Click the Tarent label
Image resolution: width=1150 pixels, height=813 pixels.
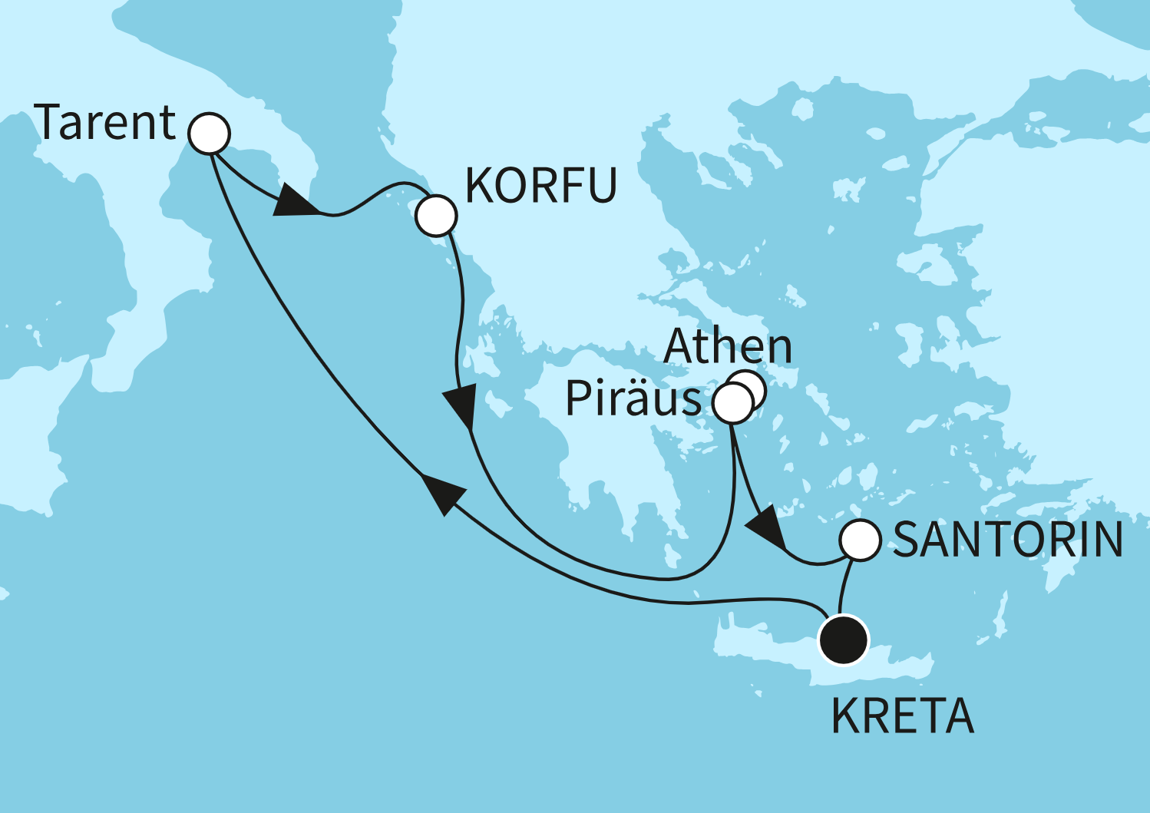(x=106, y=123)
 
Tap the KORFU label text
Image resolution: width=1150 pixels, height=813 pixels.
(x=541, y=186)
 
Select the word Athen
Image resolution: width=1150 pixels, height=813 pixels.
(x=727, y=347)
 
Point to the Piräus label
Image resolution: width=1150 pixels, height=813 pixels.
(x=633, y=399)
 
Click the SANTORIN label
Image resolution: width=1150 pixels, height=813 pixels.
(x=1008, y=540)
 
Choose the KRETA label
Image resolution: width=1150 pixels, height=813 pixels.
(x=903, y=717)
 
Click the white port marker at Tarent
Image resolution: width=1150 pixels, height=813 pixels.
(x=209, y=134)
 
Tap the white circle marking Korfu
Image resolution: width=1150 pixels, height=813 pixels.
(x=436, y=215)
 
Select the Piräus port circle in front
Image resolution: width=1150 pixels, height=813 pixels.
(x=732, y=402)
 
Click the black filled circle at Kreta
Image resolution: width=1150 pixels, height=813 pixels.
(x=844, y=639)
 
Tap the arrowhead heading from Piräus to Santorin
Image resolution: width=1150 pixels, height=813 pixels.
(x=765, y=530)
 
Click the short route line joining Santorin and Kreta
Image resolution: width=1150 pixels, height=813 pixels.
(x=847, y=587)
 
